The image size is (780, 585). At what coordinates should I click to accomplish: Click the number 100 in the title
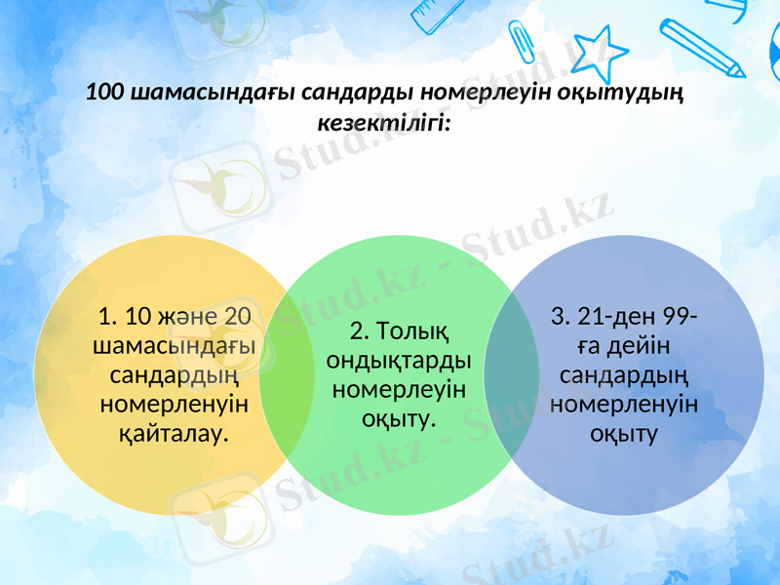[106, 94]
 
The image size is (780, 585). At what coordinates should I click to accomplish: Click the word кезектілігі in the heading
[383, 123]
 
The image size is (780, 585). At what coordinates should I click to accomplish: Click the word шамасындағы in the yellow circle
[174, 345]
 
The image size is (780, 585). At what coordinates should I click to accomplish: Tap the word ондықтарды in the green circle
[399, 361]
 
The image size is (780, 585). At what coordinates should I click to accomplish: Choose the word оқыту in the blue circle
[623, 432]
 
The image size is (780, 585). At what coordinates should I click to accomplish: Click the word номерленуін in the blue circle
[623, 404]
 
